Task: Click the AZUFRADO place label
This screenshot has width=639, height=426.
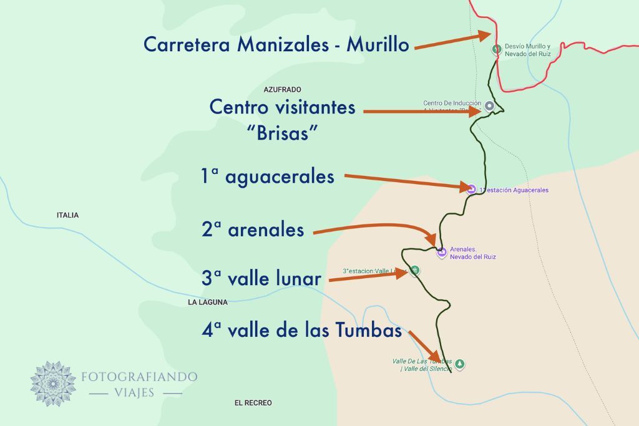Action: coord(282,90)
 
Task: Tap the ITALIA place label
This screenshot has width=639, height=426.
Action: coord(67,215)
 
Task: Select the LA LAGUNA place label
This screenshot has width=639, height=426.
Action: coord(208,303)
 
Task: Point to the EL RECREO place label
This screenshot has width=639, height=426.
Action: coord(253,403)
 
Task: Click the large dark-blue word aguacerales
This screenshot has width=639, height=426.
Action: coord(280,177)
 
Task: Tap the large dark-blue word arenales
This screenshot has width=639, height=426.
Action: coord(266,230)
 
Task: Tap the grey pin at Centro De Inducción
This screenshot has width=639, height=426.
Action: coord(489,106)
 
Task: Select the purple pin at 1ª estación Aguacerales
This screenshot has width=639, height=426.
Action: coord(471,190)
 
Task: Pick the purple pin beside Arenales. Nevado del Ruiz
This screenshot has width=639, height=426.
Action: coord(442,253)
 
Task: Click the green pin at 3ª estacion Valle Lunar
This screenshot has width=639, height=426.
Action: coord(415,271)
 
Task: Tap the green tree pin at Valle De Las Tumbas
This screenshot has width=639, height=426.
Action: coord(460,364)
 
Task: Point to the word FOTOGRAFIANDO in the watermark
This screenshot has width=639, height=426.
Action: coord(139,377)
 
